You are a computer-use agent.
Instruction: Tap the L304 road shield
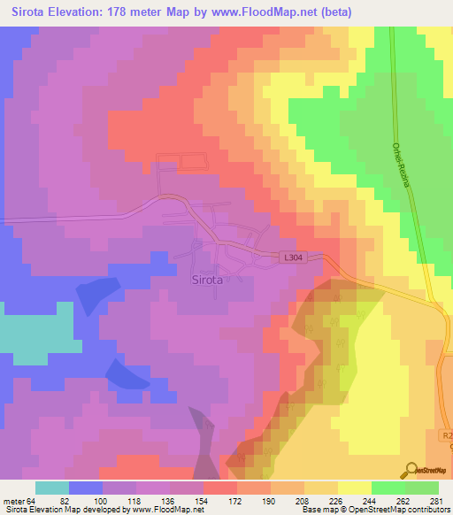coord(295,257)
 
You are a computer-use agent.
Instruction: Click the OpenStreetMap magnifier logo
coord(411,470)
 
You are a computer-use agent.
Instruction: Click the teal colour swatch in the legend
coord(52,488)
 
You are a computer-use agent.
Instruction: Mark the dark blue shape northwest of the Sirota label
coord(97,295)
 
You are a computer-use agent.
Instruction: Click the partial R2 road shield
coord(447,435)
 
